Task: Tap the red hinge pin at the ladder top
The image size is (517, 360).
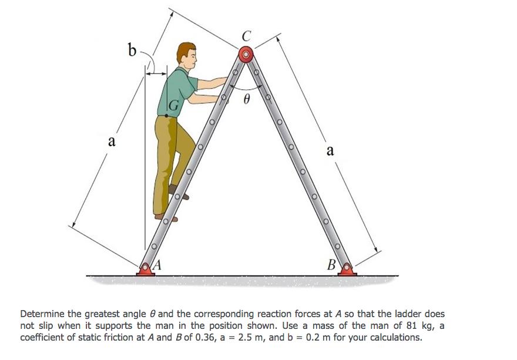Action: click(246, 55)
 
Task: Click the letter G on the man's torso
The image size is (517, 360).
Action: click(173, 106)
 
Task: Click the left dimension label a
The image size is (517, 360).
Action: click(112, 142)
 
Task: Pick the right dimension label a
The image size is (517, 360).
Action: click(330, 151)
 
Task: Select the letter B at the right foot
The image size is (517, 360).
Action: click(332, 265)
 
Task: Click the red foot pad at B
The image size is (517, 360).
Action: click(347, 270)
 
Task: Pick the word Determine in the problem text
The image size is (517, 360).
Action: click(43, 314)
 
